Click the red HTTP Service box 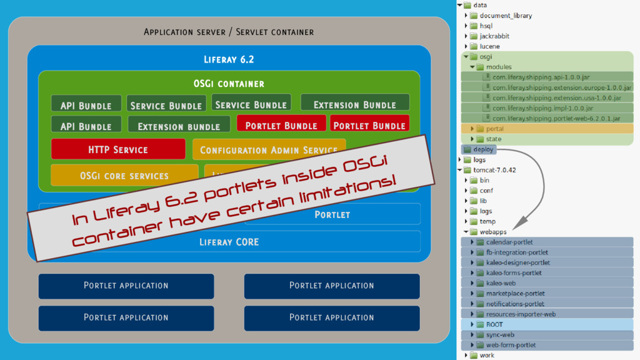coord(118,149)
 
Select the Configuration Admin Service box coord(268,150)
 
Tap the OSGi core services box coord(124,176)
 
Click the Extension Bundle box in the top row coord(354,104)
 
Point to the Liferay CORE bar coord(229,242)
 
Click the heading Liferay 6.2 coord(229,60)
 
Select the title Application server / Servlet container coord(229,32)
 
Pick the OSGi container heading coord(229,83)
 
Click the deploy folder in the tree coord(484,149)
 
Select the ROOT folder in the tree coord(494,324)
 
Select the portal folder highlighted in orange coord(494,129)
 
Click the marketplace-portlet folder coord(515,293)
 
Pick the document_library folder coord(506,16)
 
